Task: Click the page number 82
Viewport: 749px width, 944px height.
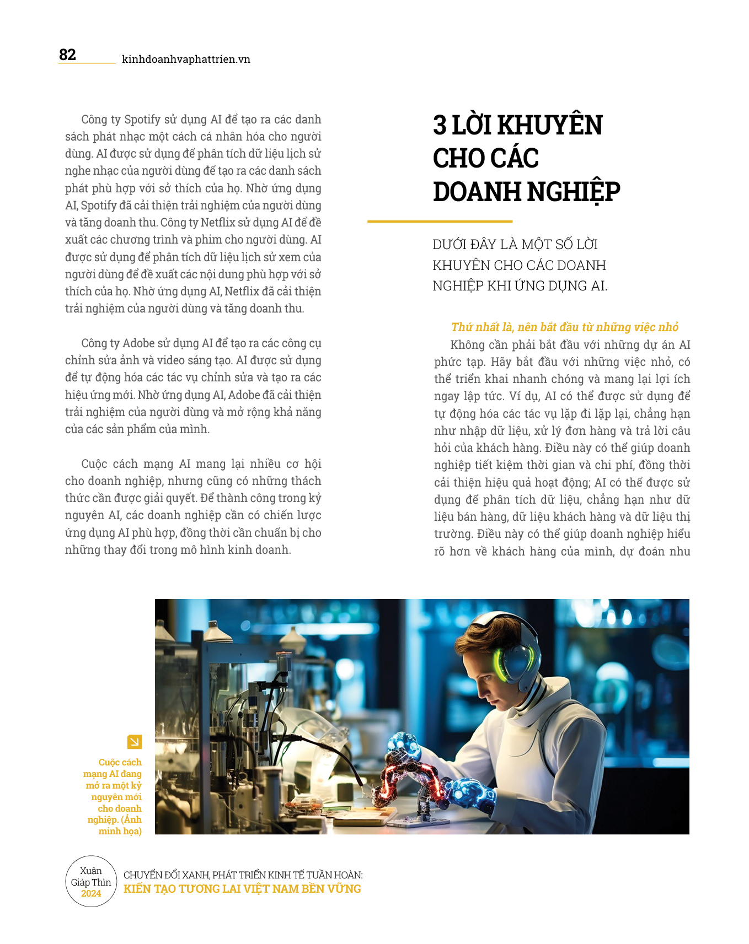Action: tap(67, 55)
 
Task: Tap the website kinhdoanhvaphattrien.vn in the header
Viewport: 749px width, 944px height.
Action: tap(186, 59)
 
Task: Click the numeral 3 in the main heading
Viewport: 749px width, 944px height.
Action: tap(440, 125)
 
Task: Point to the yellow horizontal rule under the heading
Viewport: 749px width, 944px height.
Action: tap(440, 222)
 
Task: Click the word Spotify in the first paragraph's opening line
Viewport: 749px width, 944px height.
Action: tap(142, 120)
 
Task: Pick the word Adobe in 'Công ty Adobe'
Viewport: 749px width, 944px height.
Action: tap(138, 343)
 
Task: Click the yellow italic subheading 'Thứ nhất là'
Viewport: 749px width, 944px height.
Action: tap(483, 327)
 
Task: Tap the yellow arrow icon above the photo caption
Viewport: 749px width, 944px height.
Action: tap(134, 742)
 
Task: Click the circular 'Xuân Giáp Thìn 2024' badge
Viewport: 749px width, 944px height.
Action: tap(91, 882)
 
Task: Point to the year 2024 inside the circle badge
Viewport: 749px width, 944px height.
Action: tap(91, 894)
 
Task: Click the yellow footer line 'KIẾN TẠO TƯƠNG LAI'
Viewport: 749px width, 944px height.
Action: tap(242, 889)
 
